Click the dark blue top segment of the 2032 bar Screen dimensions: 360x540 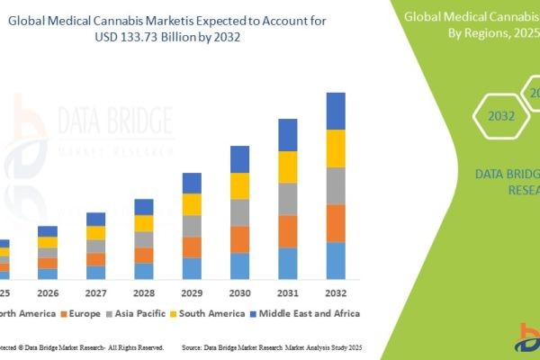(335, 111)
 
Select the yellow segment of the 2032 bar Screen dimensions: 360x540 (335, 148)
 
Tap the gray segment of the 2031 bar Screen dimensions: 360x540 (287, 199)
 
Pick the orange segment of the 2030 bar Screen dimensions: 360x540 (239, 238)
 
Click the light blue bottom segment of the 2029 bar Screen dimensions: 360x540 (192, 268)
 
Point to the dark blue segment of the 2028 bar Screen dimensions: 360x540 (144, 207)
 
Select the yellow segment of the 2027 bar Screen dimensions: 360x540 (95, 232)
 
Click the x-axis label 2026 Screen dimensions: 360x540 (48, 293)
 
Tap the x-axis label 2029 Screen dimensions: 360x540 (192, 293)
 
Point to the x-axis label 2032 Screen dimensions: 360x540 (335, 293)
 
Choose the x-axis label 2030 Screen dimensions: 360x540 (239, 293)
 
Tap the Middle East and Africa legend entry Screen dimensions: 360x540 (306, 313)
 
